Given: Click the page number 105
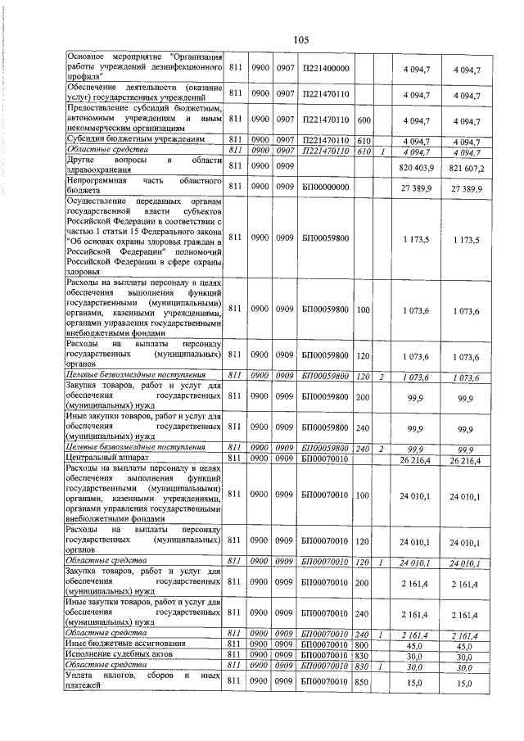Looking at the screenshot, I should click(x=300, y=38).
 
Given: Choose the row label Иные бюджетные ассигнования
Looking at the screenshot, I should click(x=120, y=644).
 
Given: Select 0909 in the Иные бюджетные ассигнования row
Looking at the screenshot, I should click(x=285, y=644).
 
